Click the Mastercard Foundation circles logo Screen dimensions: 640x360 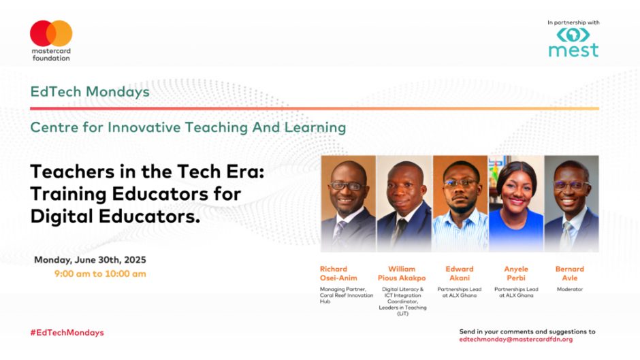(x=51, y=33)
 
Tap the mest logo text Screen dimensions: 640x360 (x=573, y=50)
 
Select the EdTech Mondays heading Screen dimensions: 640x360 (x=90, y=92)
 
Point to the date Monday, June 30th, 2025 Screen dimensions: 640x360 (x=90, y=260)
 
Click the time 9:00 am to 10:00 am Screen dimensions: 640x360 (x=100, y=274)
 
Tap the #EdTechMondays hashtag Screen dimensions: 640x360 (x=67, y=333)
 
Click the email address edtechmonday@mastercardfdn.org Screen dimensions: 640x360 (x=516, y=339)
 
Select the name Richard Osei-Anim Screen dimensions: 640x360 (x=338, y=274)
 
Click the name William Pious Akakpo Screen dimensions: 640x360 (x=402, y=274)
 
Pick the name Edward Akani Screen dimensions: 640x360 (x=460, y=274)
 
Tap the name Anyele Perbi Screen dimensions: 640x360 (x=516, y=274)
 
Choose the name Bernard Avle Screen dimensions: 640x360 (x=570, y=274)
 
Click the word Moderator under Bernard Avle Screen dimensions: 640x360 (x=570, y=289)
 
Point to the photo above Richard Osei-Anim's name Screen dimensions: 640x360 (x=348, y=203)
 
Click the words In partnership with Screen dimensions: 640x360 (x=573, y=23)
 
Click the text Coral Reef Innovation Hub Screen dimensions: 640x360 (x=347, y=298)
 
